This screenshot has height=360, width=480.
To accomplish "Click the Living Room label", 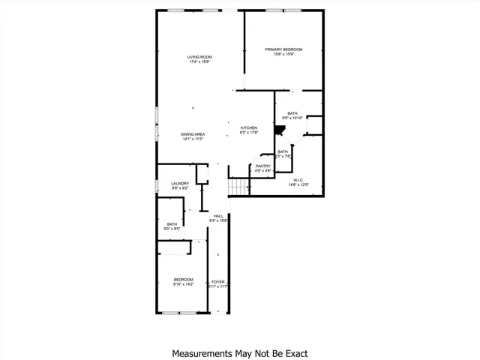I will click(200, 56).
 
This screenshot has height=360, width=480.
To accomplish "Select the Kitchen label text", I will click(249, 127).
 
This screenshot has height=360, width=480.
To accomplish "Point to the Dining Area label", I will click(193, 133).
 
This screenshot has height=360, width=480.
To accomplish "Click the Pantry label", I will click(262, 166).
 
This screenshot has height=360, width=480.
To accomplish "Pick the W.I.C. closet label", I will click(298, 180).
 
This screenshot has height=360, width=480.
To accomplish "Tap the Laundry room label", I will click(180, 183).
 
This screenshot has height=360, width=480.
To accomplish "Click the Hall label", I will click(218, 216).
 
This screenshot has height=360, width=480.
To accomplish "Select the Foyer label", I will click(218, 282).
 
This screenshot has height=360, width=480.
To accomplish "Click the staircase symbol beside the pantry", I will click(238, 187).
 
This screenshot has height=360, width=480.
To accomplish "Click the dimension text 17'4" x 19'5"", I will click(200, 61).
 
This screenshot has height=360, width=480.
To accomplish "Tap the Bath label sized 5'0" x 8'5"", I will click(172, 223).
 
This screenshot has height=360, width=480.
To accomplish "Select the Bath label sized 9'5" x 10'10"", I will click(292, 113).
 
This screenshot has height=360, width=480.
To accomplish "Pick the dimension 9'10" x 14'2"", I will click(184, 284).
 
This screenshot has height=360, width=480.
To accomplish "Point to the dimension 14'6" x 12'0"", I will click(298, 184).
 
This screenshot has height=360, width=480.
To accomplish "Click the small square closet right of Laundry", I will click(202, 175).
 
